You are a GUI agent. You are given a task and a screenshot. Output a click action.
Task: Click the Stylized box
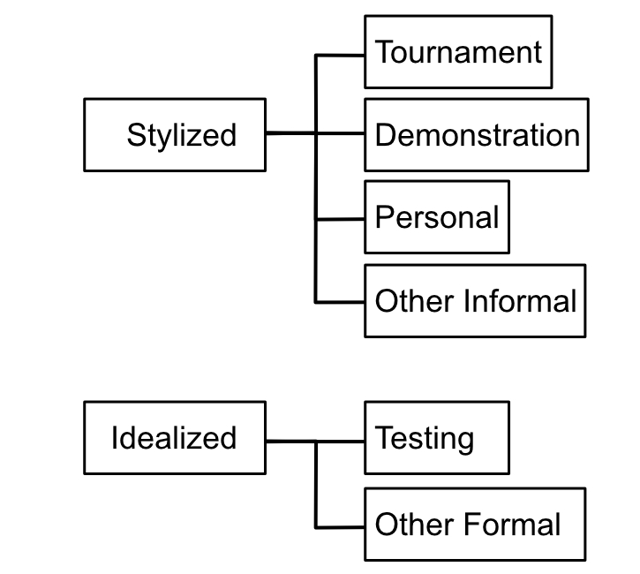coord(174,134)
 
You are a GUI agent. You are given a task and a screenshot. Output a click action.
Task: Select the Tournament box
coord(457,52)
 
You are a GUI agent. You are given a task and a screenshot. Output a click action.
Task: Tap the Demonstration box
coord(476,134)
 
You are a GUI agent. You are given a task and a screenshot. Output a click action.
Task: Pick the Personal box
coord(436,217)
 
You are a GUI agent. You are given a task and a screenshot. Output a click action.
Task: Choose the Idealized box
coord(174,438)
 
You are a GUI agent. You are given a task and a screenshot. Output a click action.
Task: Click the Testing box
coord(436,438)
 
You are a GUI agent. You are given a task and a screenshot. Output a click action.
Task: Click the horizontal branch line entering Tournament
coord(341,54)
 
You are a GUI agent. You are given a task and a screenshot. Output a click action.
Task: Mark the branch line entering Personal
coord(341,218)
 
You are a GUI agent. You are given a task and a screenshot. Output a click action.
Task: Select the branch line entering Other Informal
coord(341,302)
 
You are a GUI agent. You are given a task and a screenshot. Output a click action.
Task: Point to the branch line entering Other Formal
coord(341,526)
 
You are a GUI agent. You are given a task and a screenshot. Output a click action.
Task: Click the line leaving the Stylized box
coord(290,134)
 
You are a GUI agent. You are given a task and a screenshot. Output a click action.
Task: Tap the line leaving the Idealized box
coord(290,440)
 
